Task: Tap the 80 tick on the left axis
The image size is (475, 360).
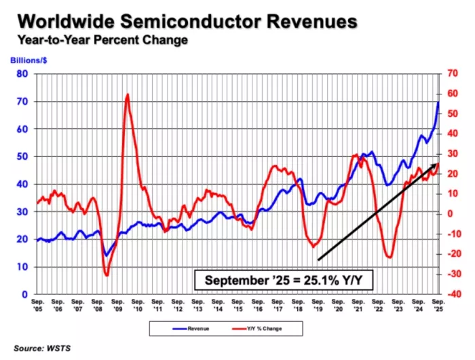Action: tap(22, 73)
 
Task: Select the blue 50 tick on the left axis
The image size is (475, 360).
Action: tap(22, 156)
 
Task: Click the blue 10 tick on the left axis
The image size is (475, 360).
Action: tap(22, 267)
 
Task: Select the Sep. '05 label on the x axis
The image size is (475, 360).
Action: tap(38, 303)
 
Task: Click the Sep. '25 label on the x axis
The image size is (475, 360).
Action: tap(438, 303)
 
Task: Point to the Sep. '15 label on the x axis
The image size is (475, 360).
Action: tap(238, 303)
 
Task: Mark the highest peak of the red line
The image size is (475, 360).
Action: tap(128, 94)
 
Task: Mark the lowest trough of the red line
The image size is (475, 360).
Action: tap(107, 274)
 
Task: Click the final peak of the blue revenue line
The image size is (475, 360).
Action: tap(438, 102)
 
